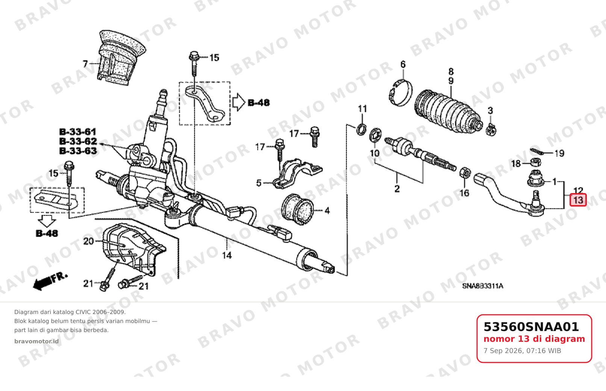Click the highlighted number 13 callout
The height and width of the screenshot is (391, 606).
pos(578,200)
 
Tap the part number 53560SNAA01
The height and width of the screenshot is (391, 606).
pos(531,327)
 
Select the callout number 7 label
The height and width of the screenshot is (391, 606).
pos(85,64)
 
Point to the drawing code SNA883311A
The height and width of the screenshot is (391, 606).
pos(483,286)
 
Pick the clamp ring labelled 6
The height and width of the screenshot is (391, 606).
pos(401,93)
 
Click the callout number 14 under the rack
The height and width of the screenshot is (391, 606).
pos(227,255)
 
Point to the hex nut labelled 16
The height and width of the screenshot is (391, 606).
pos(465,172)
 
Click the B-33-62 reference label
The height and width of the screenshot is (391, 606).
pos(78,141)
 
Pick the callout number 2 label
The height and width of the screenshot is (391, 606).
pos(397,188)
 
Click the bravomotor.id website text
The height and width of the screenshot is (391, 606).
pos(36,341)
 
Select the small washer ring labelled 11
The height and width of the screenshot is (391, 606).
pos(362,130)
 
